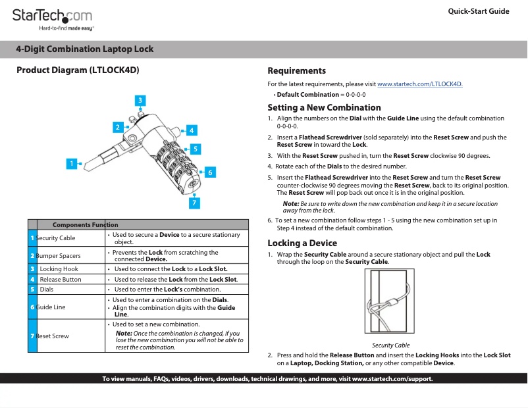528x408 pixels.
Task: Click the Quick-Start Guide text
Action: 478,12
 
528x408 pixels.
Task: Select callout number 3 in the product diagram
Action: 140,100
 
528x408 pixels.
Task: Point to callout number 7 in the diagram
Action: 194,203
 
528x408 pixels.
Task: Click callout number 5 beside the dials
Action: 196,149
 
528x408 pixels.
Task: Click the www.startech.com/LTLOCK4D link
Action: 420,84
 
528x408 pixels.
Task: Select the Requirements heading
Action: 296,70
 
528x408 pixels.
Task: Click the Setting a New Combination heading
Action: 324,107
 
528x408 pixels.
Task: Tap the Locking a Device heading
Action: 302,243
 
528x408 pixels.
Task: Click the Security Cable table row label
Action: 55,238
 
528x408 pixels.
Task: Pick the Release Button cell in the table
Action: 61,280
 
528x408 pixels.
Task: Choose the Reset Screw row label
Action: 52,336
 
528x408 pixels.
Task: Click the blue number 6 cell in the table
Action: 32,307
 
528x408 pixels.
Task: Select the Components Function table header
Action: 85,224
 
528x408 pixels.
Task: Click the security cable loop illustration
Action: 389,301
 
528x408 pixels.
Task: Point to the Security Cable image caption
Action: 390,345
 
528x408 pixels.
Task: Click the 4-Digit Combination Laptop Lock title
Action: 85,49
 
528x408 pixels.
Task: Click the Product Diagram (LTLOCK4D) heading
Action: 78,70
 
